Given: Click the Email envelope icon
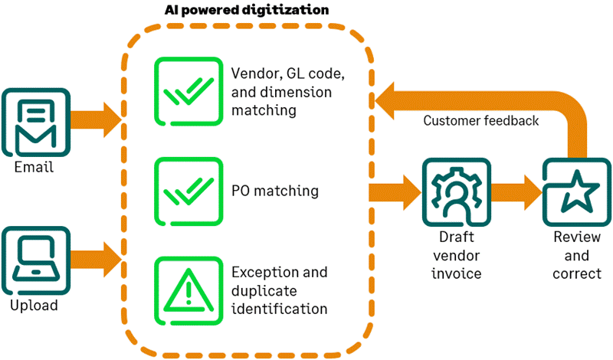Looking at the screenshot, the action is pyautogui.click(x=36, y=123).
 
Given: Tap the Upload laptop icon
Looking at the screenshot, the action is pyautogui.click(x=36, y=260).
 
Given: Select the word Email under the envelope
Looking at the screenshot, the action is pyautogui.click(x=34, y=167).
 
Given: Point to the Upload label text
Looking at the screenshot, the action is pyautogui.click(x=34, y=306).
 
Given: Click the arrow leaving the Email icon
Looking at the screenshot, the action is pyautogui.click(x=96, y=119).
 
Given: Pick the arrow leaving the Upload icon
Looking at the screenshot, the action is pyautogui.click(x=96, y=260).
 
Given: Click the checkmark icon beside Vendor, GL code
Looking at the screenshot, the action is pyautogui.click(x=188, y=91).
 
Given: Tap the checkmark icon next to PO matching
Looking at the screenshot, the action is pyautogui.click(x=188, y=191).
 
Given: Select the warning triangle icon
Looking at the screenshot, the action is pyautogui.click(x=188, y=291).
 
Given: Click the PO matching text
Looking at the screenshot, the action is pyautogui.click(x=275, y=191).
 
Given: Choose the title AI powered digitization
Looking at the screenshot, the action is pyautogui.click(x=247, y=10).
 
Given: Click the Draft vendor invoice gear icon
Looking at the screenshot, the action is pyautogui.click(x=456, y=192).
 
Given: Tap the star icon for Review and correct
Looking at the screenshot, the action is pyautogui.click(x=577, y=192).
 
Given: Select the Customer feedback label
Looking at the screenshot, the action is pyautogui.click(x=481, y=121).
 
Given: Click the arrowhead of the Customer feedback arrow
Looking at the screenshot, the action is pyautogui.click(x=385, y=100).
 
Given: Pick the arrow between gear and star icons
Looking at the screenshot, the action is pyautogui.click(x=516, y=192).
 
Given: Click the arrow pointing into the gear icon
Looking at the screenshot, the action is pyautogui.click(x=395, y=192).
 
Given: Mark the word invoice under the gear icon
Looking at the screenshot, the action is pyautogui.click(x=456, y=273).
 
